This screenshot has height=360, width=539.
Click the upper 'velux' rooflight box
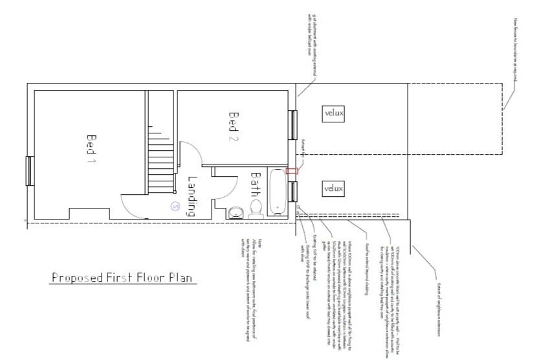pyautogui.click(x=334, y=113)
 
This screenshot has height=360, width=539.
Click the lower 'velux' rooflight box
pyautogui.click(x=334, y=188)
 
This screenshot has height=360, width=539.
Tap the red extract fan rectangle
pyautogui.click(x=292, y=171)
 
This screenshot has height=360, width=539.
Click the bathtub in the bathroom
pyautogui.click(x=276, y=192)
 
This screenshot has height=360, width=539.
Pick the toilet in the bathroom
pyautogui.click(x=255, y=207)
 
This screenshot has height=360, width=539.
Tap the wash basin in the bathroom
pyautogui.click(x=234, y=212)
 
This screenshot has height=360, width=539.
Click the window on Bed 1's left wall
pyautogui.click(x=28, y=171)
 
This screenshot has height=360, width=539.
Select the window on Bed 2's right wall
pyautogui.click(x=294, y=125)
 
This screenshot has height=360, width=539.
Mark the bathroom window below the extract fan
pyautogui.click(x=294, y=192)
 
